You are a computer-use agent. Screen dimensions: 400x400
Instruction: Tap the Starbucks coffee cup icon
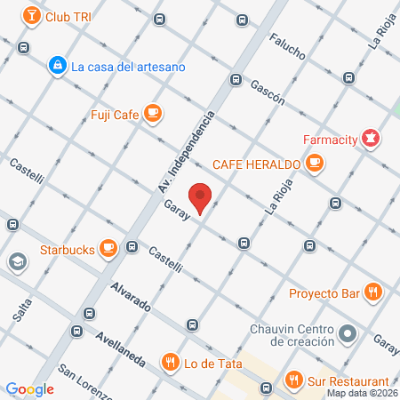108,248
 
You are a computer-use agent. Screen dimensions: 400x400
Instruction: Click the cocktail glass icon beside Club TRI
30,16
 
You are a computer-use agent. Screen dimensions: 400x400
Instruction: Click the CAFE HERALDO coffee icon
314,163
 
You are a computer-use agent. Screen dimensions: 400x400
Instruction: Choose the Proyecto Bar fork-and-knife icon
373,291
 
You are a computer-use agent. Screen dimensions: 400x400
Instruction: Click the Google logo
30,388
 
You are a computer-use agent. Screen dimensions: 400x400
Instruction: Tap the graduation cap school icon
17,262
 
